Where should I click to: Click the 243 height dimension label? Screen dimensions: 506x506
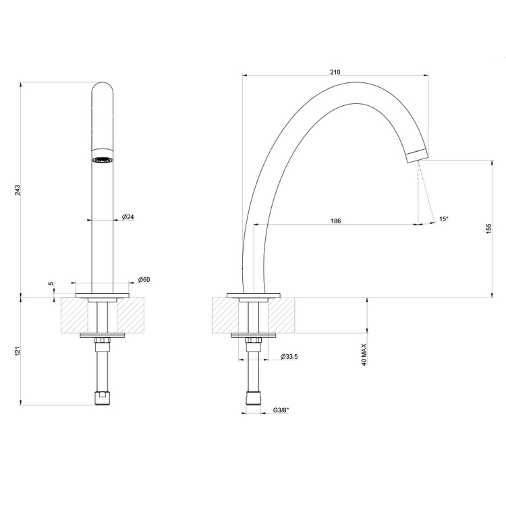tap(18, 190)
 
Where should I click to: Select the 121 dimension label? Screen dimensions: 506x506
tap(18, 351)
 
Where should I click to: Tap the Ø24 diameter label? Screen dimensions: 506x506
tap(128, 217)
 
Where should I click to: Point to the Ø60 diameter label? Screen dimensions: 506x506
tap(144, 279)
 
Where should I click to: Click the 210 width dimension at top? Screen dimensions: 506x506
tap(335, 72)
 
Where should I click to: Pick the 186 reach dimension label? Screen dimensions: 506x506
tap(335, 221)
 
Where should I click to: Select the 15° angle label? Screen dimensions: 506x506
tap(443, 219)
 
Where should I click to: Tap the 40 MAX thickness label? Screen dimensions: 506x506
tap(364, 354)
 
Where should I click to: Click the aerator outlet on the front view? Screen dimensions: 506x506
tap(103, 160)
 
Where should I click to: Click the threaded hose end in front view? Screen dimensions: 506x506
tap(101, 397)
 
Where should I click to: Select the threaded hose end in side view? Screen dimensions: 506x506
tap(253, 397)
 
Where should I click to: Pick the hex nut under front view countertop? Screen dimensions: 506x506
tap(102, 342)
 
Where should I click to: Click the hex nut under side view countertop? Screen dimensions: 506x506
tap(253, 342)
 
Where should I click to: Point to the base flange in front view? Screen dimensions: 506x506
tap(102, 296)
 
